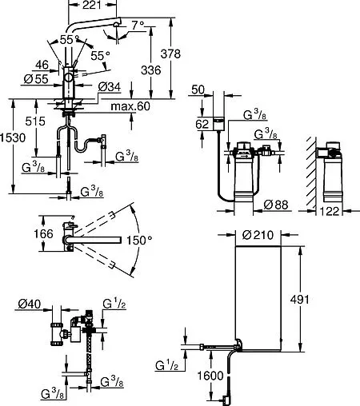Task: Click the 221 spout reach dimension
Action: (92, 5)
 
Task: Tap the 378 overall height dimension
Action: (170, 54)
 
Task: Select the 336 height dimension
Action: (151, 70)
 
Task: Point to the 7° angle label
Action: (138, 26)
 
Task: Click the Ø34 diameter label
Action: (110, 87)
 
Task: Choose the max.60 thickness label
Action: (130, 106)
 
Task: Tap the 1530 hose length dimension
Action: (13, 138)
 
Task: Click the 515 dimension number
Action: (35, 121)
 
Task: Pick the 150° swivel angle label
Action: (139, 241)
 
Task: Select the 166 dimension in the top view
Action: (43, 234)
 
